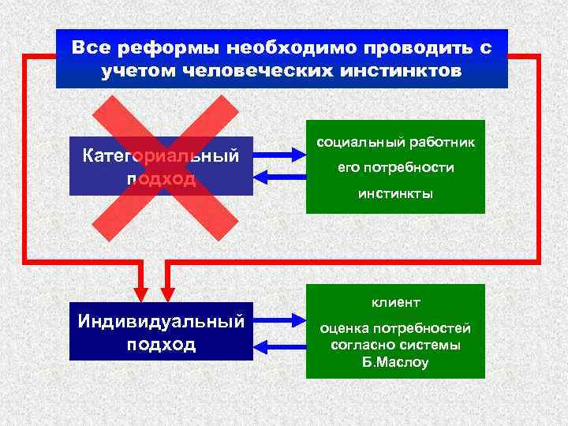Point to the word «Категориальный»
click(x=161, y=155)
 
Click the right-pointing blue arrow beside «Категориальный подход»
click(x=278, y=155)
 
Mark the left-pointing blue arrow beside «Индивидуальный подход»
click(x=278, y=346)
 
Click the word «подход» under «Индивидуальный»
click(x=161, y=346)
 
